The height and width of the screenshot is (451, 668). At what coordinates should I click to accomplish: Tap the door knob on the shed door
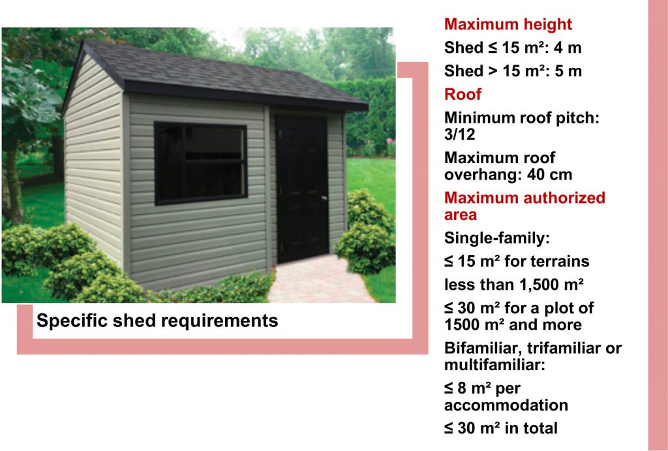tap(324, 198)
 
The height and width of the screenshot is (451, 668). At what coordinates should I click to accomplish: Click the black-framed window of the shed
tap(201, 163)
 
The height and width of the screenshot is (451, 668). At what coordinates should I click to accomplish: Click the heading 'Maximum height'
tap(508, 24)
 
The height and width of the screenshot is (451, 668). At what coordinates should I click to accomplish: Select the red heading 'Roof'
tap(463, 94)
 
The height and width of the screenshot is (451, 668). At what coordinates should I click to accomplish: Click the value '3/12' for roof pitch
tap(460, 134)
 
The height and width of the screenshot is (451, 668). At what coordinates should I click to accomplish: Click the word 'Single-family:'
tap(496, 238)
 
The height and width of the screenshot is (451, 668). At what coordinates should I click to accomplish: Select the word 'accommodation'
tap(506, 405)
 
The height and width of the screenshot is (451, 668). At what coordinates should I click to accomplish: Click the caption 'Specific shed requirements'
tap(157, 320)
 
